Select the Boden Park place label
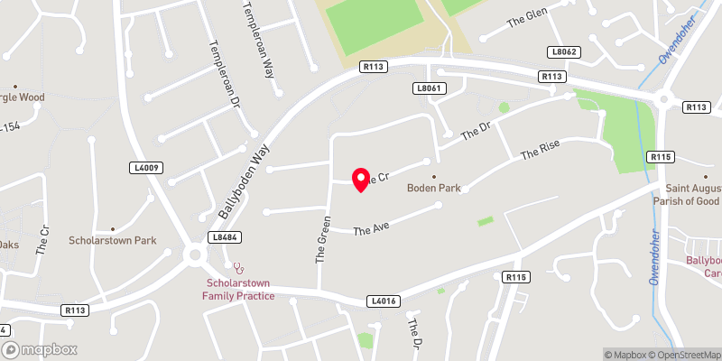tap(433, 188)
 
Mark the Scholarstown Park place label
tap(113, 241)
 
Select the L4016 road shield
tap(383, 300)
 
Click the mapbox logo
tap(39, 349)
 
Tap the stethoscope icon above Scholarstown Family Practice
tap(238, 267)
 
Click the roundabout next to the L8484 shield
tap(194, 255)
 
